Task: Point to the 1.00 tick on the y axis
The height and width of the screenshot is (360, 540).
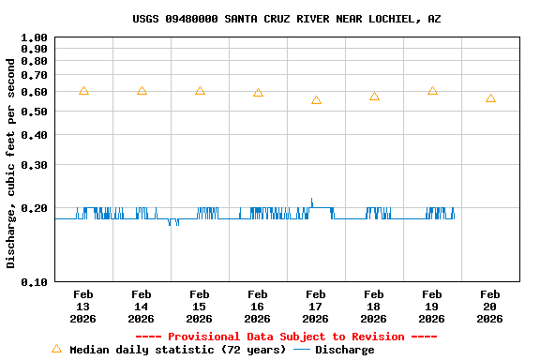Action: pyautogui.click(x=35, y=38)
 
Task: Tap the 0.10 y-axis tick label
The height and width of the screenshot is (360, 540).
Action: pyautogui.click(x=35, y=281)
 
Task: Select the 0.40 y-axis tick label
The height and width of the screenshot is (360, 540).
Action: pyautogui.click(x=35, y=135)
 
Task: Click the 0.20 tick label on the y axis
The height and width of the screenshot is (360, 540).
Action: pyautogui.click(x=35, y=208)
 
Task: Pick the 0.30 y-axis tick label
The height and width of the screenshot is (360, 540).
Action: pyautogui.click(x=35, y=165)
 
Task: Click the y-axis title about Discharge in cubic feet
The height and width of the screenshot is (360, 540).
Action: pyautogui.click(x=11, y=163)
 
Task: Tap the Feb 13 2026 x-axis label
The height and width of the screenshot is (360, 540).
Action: pyautogui.click(x=83, y=307)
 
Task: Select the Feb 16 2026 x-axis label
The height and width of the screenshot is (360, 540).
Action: pyautogui.click(x=258, y=307)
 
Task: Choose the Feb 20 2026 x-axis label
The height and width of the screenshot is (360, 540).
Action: pyautogui.click(x=490, y=307)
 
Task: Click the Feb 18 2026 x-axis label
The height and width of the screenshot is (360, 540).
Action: pyautogui.click(x=374, y=307)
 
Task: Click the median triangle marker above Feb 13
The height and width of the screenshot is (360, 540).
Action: pyautogui.click(x=83, y=91)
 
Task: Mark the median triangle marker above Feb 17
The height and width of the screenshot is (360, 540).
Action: pyautogui.click(x=316, y=99)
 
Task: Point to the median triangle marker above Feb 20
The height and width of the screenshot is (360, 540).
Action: pyautogui.click(x=490, y=98)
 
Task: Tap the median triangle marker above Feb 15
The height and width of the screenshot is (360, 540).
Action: pyautogui.click(x=200, y=91)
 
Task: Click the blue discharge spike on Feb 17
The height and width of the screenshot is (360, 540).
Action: pyautogui.click(x=311, y=201)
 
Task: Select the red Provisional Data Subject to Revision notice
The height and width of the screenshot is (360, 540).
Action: pyautogui.click(x=286, y=337)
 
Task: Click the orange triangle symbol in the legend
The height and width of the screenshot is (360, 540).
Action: pyautogui.click(x=56, y=349)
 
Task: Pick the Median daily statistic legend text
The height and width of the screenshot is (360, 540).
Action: pyautogui.click(x=177, y=350)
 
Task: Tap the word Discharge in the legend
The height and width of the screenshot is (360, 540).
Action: pyautogui.click(x=344, y=350)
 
